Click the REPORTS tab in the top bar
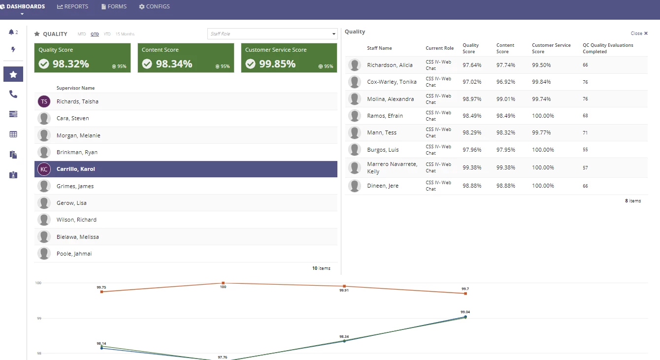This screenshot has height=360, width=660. (72, 6)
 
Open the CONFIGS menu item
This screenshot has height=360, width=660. (154, 6)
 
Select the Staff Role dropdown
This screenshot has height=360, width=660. (272, 34)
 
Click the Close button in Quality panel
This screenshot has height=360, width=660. (639, 33)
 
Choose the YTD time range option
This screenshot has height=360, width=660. (107, 34)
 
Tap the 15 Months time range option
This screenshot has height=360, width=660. (125, 34)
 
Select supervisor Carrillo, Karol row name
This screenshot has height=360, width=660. (76, 169)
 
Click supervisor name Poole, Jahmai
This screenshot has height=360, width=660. (74, 254)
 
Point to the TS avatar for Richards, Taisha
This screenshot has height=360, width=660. (44, 101)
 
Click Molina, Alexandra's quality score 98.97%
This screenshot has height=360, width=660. (472, 99)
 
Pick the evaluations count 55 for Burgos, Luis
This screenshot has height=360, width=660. (585, 150)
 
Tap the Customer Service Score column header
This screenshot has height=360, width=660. (551, 48)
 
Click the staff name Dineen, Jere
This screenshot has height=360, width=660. (383, 186)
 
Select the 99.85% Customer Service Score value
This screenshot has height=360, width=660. (277, 64)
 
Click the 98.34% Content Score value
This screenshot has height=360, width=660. (174, 64)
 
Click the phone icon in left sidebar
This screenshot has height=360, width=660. (13, 94)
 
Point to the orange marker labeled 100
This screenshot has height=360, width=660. (223, 283)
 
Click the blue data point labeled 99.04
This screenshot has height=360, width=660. (465, 317)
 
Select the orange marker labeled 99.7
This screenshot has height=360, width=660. (465, 294)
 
